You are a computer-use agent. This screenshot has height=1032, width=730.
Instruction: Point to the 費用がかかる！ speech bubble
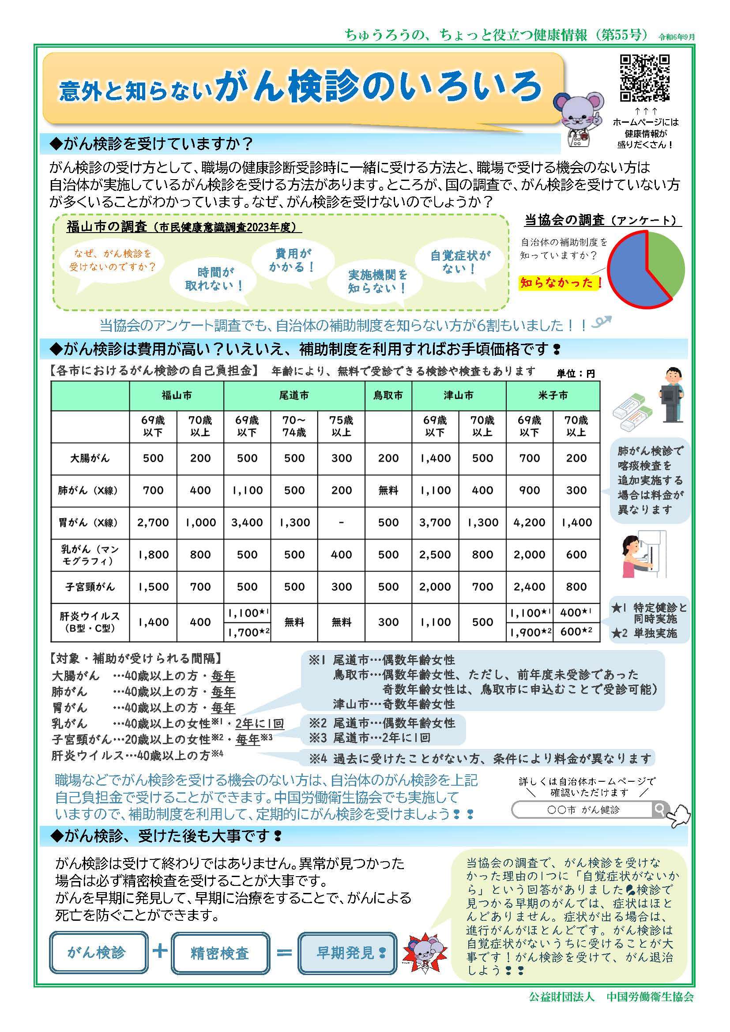tap(293, 260)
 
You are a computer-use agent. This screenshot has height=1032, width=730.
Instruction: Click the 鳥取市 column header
tap(388, 395)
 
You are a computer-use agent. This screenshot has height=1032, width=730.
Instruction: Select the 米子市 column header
tap(553, 395)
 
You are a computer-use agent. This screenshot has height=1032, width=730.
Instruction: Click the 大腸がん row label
tap(90, 459)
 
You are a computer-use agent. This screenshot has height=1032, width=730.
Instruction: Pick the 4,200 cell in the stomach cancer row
tap(529, 523)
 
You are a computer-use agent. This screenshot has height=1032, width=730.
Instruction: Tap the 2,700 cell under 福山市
tap(153, 523)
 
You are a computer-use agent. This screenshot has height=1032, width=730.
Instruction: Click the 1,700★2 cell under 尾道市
tap(247, 633)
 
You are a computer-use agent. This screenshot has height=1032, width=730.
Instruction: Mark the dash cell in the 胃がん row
tap(341, 523)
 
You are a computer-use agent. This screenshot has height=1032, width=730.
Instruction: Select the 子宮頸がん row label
tap(90, 587)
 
